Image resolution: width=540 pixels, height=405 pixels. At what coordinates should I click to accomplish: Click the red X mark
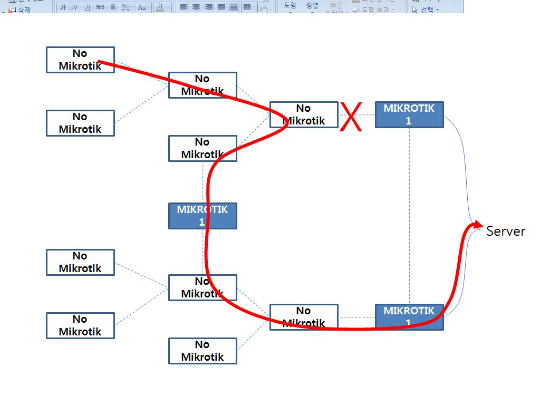pyautogui.click(x=351, y=117)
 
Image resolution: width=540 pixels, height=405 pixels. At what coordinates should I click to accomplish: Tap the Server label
pyautogui.click(x=506, y=231)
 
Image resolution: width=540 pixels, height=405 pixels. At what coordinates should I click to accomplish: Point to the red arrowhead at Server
pyautogui.click(x=474, y=225)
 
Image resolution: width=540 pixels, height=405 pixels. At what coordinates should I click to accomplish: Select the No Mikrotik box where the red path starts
pyautogui.click(x=80, y=60)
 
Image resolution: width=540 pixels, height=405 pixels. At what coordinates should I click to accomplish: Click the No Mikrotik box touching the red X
pyautogui.click(x=304, y=114)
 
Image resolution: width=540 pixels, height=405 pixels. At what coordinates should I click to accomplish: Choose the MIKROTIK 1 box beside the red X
pyautogui.click(x=409, y=114)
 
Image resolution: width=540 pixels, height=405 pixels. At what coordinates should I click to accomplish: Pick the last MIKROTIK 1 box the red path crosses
pyautogui.click(x=409, y=317)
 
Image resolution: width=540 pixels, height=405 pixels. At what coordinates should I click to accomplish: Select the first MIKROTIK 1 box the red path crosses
pyautogui.click(x=202, y=216)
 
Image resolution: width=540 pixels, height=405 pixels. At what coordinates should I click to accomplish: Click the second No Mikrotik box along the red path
pyautogui.click(x=202, y=85)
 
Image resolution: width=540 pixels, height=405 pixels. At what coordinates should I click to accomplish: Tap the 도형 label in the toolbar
pyautogui.click(x=290, y=5)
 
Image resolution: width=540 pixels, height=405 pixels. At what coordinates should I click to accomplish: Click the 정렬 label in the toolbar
pyautogui.click(x=312, y=5)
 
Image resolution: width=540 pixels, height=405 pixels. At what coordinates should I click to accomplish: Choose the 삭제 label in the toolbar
pyautogui.click(x=24, y=9)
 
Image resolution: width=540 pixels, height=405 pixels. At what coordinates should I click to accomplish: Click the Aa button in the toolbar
pyautogui.click(x=142, y=7)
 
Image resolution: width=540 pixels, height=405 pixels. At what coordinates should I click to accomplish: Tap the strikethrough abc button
pyautogui.click(x=100, y=7)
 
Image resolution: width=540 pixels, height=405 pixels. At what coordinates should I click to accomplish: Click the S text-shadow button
pyautogui.click(x=112, y=7)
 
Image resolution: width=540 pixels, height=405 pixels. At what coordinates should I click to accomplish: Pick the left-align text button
pyautogui.click(x=184, y=7)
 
